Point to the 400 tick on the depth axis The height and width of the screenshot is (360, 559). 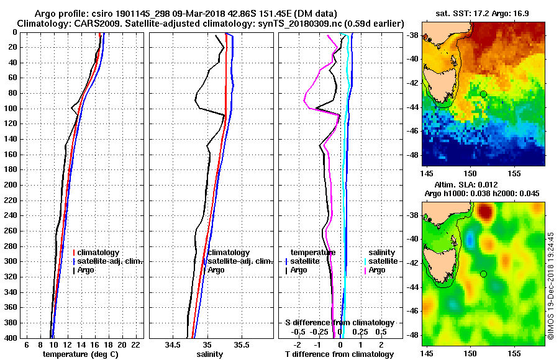click(13, 338)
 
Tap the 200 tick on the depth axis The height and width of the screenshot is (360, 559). click(13, 185)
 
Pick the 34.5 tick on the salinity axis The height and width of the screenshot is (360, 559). click(173, 344)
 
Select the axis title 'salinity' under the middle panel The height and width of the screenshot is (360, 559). click(209, 354)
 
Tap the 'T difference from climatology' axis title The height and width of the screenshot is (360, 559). click(339, 354)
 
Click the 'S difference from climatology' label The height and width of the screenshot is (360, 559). click(339, 323)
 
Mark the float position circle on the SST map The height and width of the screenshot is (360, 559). click(483, 94)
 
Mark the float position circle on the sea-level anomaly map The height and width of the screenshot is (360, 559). click(483, 274)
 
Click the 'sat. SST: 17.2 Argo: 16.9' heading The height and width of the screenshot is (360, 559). click(483, 13)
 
